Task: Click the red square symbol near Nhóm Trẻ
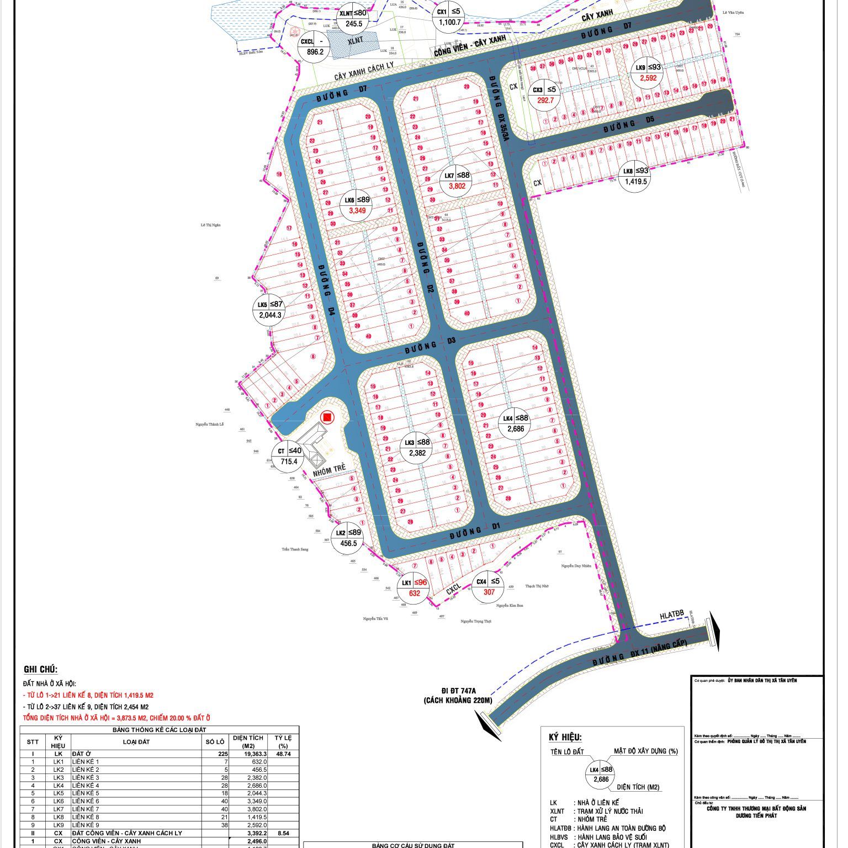(x=327, y=417)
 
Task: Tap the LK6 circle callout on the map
(x=357, y=205)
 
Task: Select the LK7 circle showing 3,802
(x=457, y=181)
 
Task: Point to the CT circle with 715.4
(x=289, y=457)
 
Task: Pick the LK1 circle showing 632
(x=415, y=588)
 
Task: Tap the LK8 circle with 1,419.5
(x=635, y=176)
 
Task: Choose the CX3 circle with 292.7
(x=543, y=95)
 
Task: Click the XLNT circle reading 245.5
(x=353, y=18)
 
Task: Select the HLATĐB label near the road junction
(x=671, y=614)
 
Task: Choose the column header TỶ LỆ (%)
(x=283, y=741)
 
